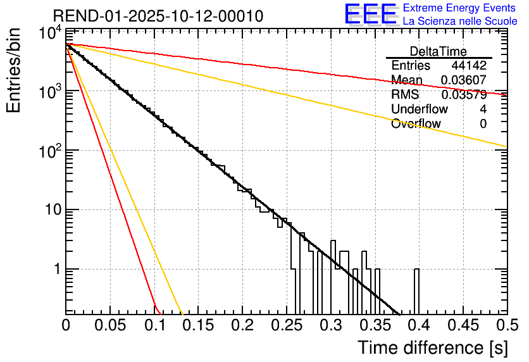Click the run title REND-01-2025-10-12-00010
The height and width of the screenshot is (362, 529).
(158, 16)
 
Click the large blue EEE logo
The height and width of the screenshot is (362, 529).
(370, 15)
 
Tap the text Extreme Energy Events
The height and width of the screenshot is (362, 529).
(460, 9)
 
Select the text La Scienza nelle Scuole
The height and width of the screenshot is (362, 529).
(460, 22)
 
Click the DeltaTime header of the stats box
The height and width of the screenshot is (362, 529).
(439, 51)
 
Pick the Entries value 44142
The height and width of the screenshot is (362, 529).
(469, 66)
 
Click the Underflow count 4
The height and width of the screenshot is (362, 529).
(483, 109)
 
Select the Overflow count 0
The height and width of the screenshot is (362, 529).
(483, 124)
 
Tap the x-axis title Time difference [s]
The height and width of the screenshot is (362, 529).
(432, 347)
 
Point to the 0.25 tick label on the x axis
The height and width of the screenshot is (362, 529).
(286, 326)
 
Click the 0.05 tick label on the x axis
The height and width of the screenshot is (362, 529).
(110, 326)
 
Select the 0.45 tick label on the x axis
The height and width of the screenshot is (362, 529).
(462, 326)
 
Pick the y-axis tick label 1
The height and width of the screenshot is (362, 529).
(56, 270)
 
